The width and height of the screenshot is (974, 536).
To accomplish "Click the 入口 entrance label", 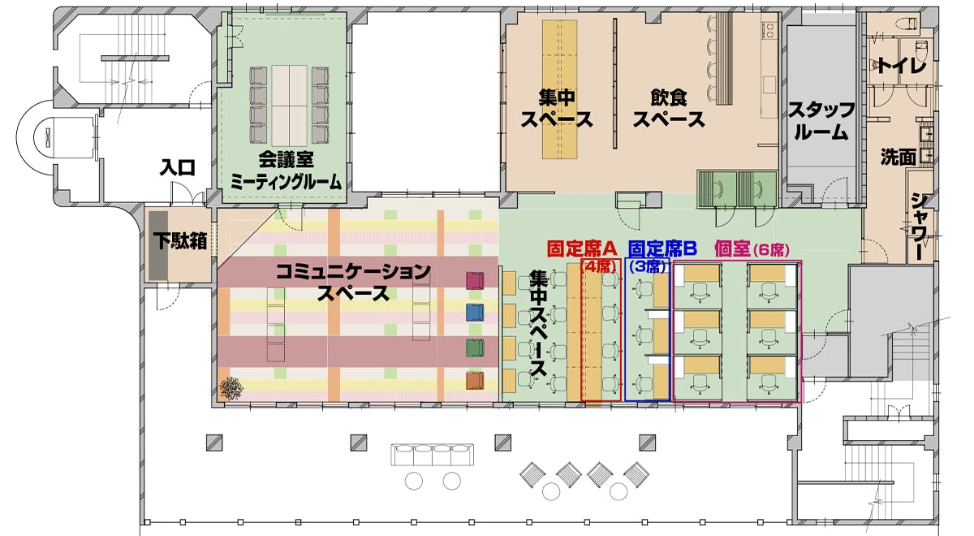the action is [x=177, y=167].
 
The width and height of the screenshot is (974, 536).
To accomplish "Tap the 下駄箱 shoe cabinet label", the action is [x=179, y=240].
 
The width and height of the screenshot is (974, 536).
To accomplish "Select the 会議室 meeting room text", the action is [x=286, y=160].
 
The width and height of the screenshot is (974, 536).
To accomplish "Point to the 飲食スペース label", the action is [x=668, y=109].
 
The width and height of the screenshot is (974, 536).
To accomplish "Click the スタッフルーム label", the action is [x=821, y=121].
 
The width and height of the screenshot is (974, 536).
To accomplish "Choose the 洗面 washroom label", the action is [x=899, y=157].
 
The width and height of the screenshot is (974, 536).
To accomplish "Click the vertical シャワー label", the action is [x=920, y=226].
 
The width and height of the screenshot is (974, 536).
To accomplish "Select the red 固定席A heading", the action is [x=582, y=249].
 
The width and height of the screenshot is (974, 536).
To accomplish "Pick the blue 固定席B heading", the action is [x=662, y=249].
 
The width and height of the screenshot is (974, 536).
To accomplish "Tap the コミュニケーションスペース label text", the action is [x=353, y=283].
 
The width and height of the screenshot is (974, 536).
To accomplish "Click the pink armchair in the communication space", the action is [x=475, y=281].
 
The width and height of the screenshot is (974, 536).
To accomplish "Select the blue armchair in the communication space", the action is [x=475, y=313].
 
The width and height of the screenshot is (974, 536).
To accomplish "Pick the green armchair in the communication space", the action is [x=475, y=348].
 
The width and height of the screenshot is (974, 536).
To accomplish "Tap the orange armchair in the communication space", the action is [x=475, y=381].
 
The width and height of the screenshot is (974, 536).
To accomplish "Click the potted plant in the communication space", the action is [x=231, y=388].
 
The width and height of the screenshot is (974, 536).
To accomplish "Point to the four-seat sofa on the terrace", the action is [x=432, y=455].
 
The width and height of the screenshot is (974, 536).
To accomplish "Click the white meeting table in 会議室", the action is [x=290, y=106].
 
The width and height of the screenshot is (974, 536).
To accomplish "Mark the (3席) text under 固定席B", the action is [x=648, y=266].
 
